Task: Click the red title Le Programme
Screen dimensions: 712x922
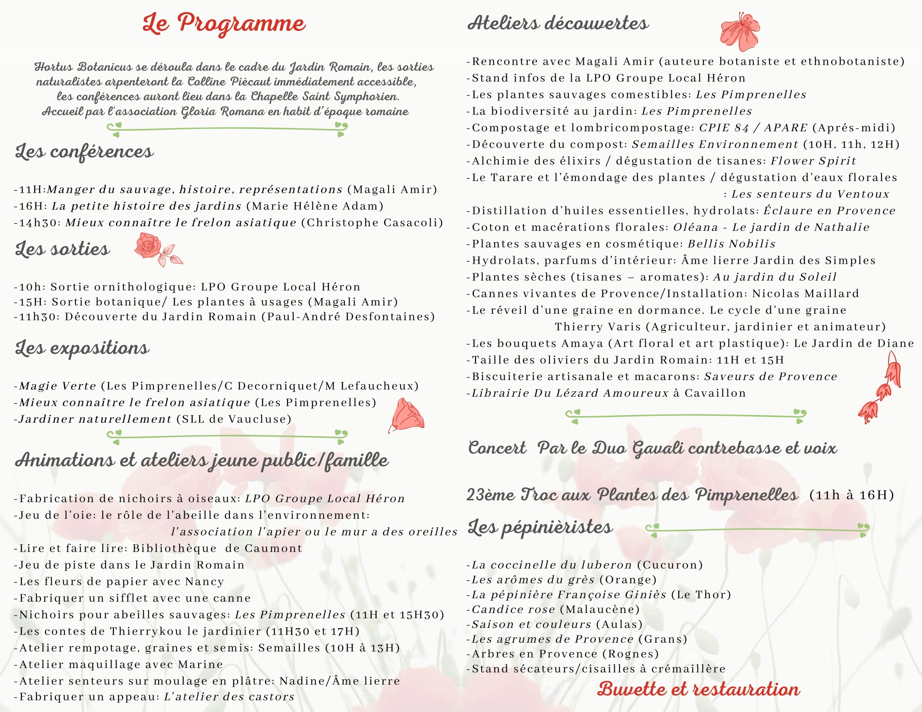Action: coord(224,24)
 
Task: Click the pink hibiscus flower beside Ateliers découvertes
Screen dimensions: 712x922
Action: coord(740,29)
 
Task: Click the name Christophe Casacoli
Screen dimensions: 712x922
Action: coord(372,223)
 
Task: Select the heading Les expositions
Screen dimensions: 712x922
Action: coord(82,348)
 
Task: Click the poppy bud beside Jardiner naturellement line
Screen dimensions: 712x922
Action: coord(406,415)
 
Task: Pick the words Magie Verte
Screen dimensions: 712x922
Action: coord(57,386)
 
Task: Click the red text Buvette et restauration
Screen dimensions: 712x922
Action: coord(698,689)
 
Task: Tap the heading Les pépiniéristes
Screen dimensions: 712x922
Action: coord(540,527)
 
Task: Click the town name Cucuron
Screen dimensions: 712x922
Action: coord(670,565)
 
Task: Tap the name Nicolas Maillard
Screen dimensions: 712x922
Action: coord(805,293)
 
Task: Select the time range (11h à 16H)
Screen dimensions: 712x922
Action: coord(851,495)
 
